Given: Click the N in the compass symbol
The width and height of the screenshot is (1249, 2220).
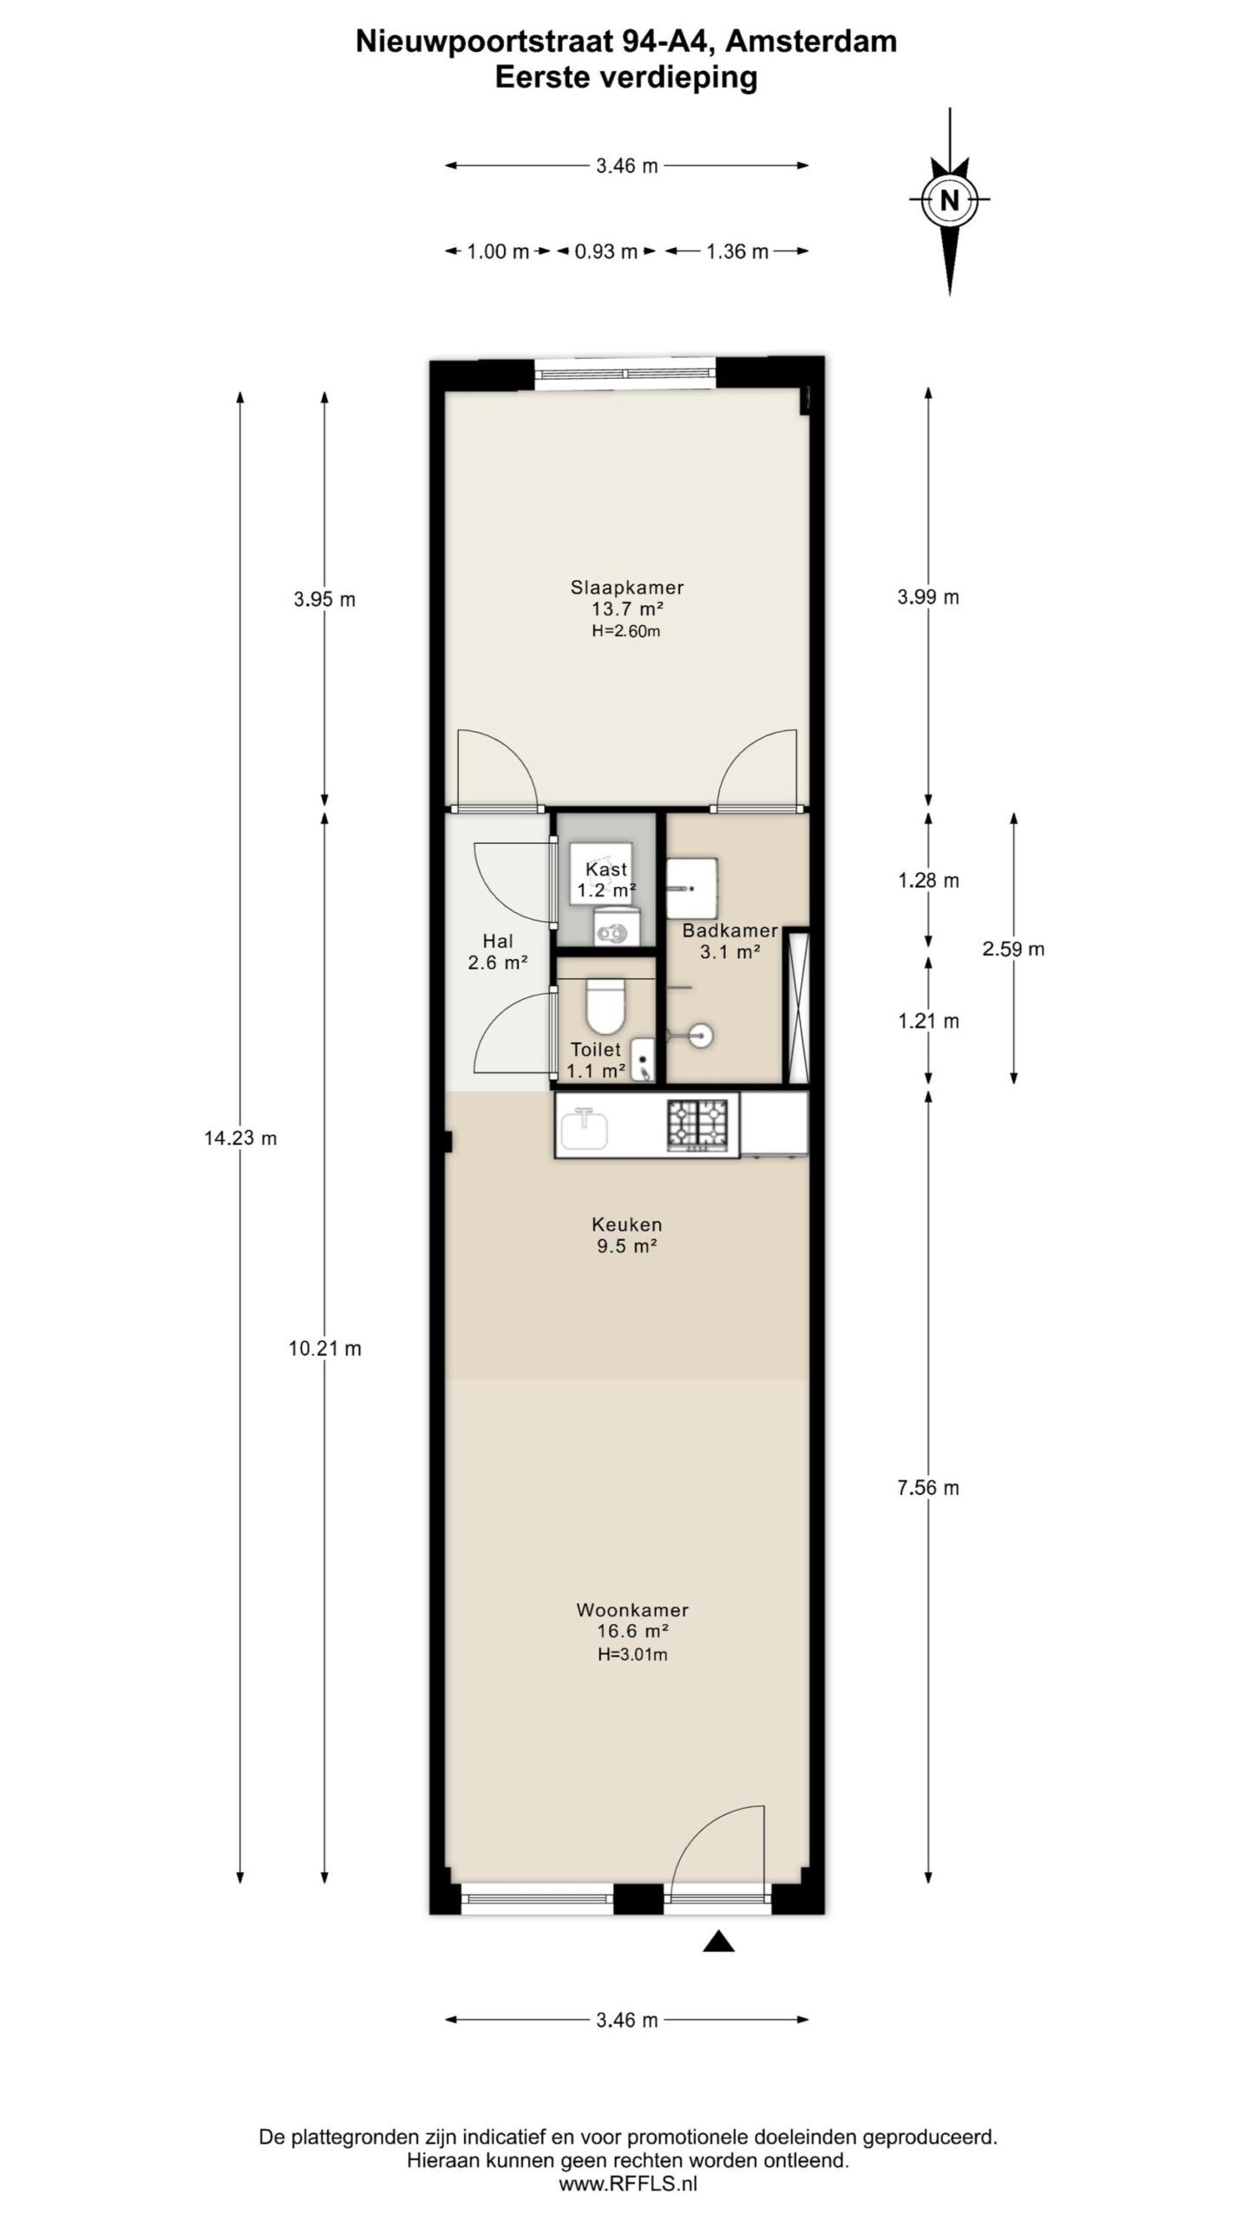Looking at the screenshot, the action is click(950, 200).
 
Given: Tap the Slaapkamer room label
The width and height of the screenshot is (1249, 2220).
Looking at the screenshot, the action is click(627, 587).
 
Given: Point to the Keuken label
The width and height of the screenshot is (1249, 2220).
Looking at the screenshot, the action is click(627, 1224).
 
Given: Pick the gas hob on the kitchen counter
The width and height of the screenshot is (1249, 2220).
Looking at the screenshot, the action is click(696, 1124).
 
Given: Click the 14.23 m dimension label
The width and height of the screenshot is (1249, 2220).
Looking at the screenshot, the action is click(240, 1139).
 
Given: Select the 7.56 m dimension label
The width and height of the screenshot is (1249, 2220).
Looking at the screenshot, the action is click(928, 1489).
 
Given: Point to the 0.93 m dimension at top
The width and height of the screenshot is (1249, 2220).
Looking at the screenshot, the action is click(606, 251).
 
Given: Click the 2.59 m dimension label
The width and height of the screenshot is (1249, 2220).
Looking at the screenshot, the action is click(1013, 949).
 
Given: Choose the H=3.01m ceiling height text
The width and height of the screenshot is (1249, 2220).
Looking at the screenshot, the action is click(632, 1655).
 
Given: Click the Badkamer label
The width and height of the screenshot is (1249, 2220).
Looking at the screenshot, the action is click(729, 930).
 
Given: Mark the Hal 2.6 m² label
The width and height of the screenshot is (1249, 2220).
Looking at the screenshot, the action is click(498, 951).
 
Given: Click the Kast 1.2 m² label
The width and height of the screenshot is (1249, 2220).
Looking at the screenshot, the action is click(606, 879).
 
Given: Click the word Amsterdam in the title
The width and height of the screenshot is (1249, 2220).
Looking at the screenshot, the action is click(809, 42).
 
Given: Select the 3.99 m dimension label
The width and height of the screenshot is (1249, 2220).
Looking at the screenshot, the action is click(928, 597).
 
